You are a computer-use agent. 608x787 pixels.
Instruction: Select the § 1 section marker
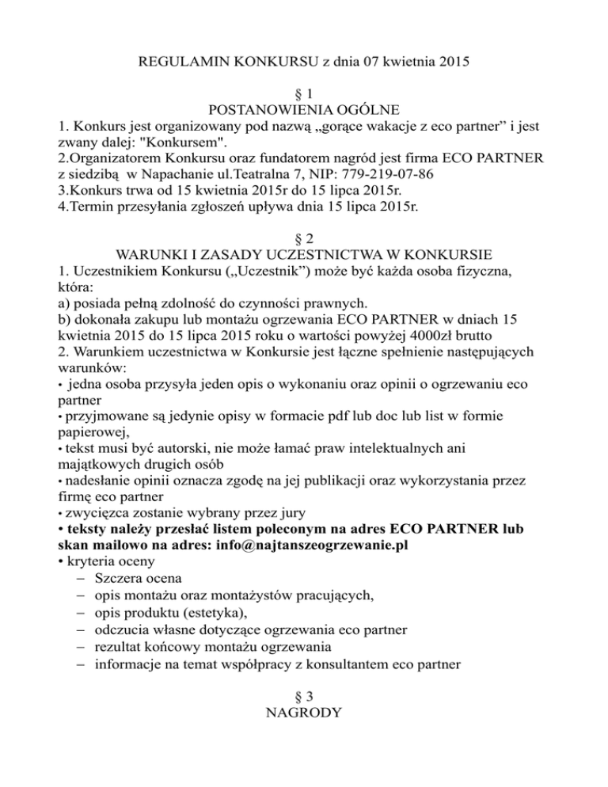304,93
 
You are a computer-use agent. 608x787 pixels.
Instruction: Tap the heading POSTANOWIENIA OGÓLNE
304,109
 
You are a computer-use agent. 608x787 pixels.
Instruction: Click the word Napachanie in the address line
166,175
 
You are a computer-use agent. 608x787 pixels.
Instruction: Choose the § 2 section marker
304,239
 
